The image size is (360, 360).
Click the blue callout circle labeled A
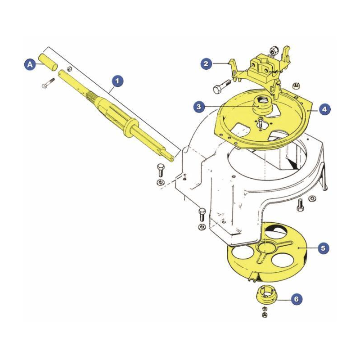click(30, 64)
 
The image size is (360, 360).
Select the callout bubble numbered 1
click(117, 81)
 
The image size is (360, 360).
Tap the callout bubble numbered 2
click(206, 63)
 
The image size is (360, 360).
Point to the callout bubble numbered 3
click(199, 107)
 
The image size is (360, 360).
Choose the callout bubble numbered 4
click(324, 109)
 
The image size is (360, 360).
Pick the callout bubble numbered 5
click(323, 248)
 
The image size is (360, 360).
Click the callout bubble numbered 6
click(297, 299)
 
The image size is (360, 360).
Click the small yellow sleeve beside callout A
click(49, 62)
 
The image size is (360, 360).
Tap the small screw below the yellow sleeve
click(48, 83)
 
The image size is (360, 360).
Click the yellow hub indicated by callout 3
click(262, 106)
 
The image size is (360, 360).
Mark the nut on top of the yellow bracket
click(274, 49)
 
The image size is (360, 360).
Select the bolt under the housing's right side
click(300, 205)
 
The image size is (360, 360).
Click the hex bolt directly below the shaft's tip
click(161, 170)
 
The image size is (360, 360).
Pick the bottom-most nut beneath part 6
click(264, 314)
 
